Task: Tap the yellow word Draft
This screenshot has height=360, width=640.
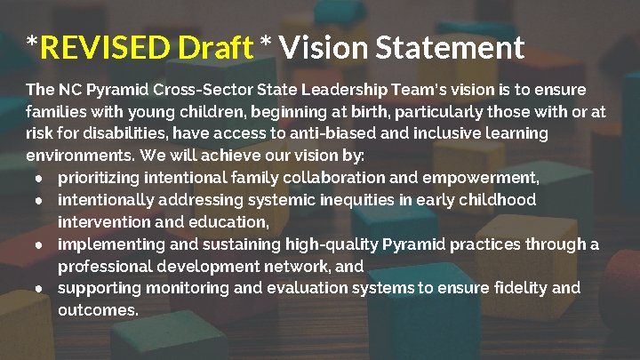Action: pyautogui.click(x=216, y=47)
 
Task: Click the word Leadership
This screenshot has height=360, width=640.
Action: pyautogui.click(x=341, y=91)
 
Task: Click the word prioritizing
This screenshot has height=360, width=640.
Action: pyautogui.click(x=100, y=178)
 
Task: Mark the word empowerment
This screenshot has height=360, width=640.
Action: pyautogui.click(x=488, y=178)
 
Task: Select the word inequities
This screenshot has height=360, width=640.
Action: pyautogui.click(x=355, y=200)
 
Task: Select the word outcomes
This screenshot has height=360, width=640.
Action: pyautogui.click(x=98, y=310)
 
